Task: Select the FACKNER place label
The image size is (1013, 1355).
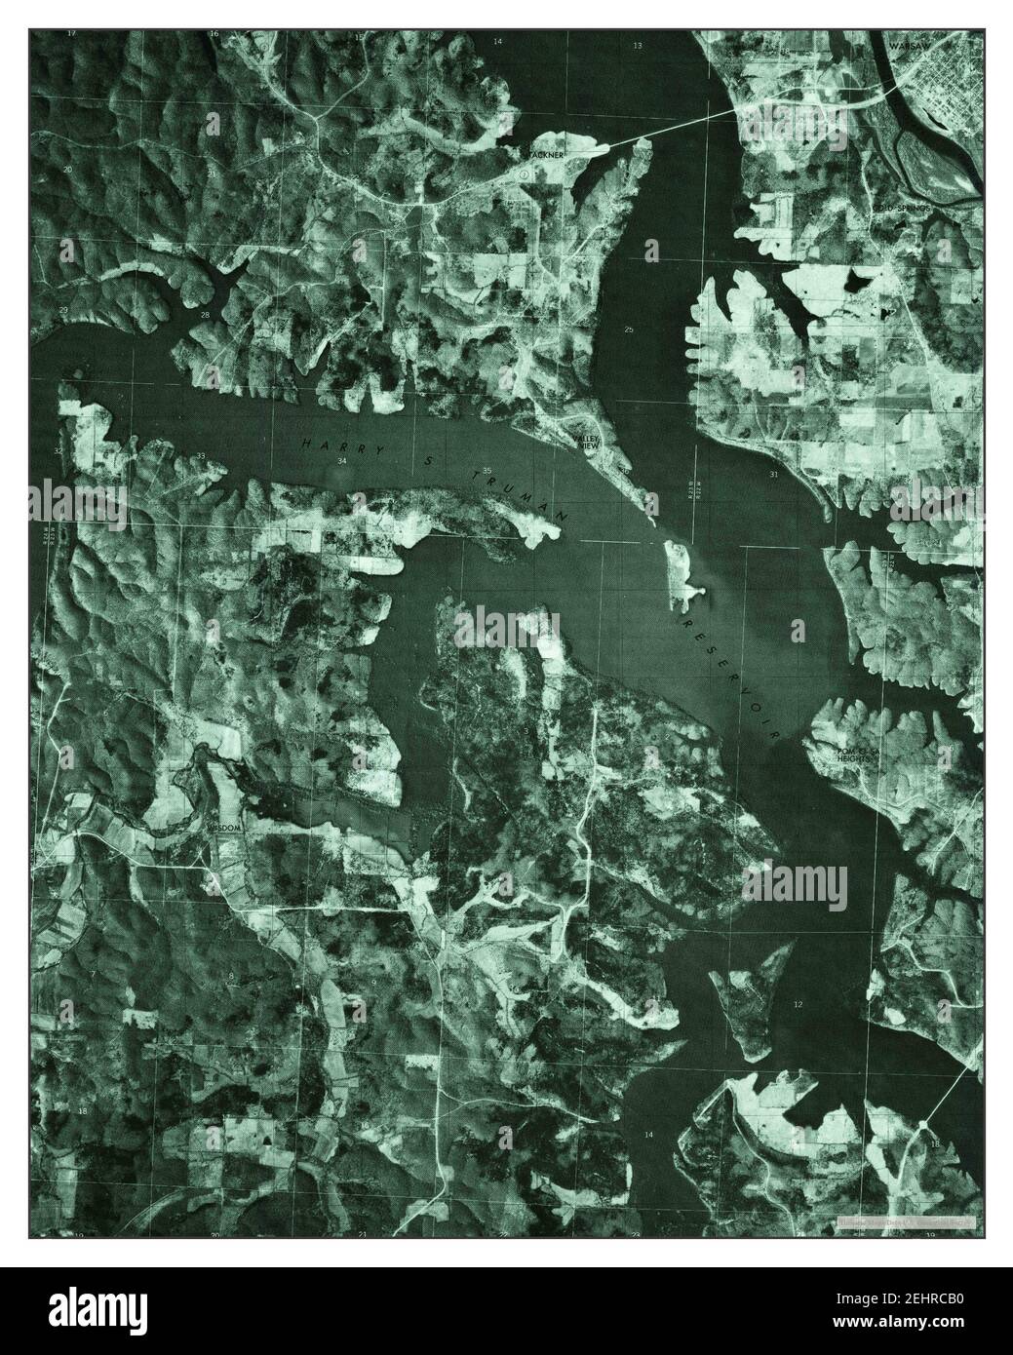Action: pos(546,154)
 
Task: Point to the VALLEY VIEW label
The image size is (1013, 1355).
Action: pos(587,443)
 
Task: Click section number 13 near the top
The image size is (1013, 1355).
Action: pos(639,46)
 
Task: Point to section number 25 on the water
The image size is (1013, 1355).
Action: pos(629,329)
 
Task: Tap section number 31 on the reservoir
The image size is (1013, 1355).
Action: pos(773,474)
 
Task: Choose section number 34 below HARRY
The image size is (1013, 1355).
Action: pos(341,460)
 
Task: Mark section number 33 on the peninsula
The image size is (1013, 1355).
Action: pos(201,456)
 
